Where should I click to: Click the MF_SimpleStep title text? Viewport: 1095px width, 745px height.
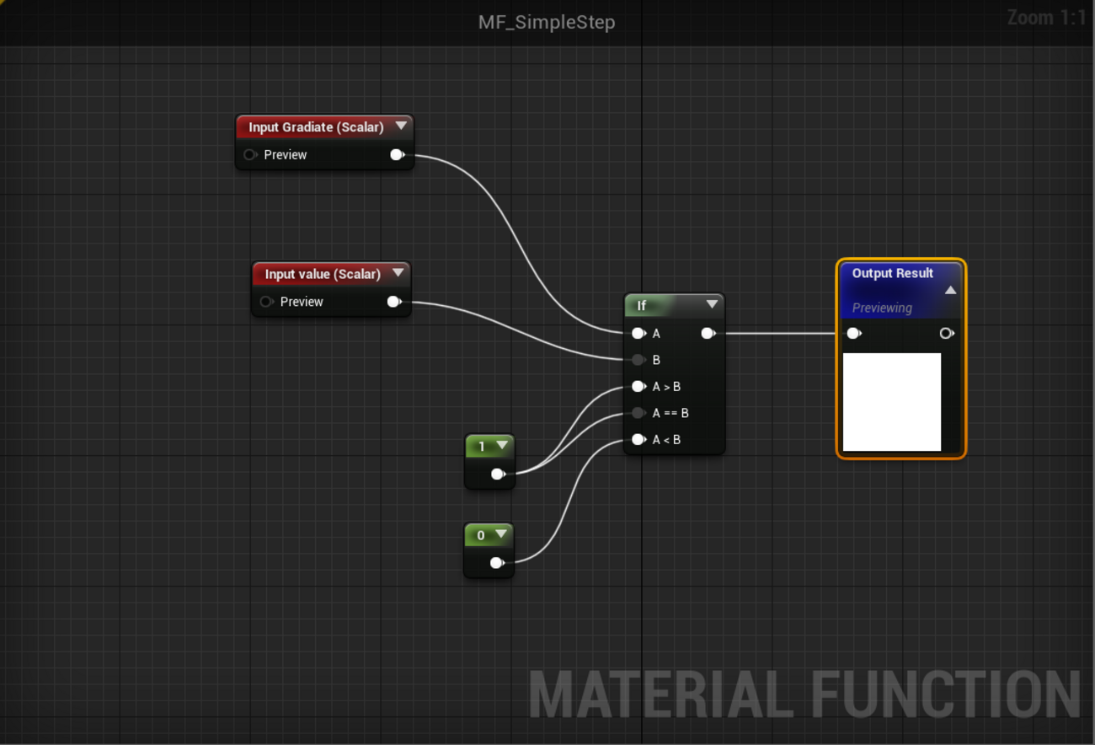click(x=547, y=22)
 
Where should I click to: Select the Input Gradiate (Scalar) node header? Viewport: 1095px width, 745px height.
click(x=316, y=127)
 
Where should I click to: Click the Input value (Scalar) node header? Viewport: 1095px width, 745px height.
click(x=323, y=274)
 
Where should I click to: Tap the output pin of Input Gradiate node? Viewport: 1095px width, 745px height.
click(x=396, y=155)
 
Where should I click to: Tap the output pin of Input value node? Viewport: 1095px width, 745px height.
click(x=393, y=302)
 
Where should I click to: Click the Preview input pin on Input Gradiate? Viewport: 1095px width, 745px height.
click(x=249, y=155)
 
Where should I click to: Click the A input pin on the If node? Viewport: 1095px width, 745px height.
click(x=638, y=334)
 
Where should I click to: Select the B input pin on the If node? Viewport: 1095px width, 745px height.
click(x=638, y=360)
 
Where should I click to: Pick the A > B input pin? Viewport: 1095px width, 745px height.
click(x=638, y=387)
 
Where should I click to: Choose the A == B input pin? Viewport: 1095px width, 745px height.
click(x=638, y=413)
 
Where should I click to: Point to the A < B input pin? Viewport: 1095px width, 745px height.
click(x=638, y=440)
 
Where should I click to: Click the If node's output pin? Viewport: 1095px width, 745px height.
click(x=708, y=334)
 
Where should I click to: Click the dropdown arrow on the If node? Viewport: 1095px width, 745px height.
click(x=712, y=304)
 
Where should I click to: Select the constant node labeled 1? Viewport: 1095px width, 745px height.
click(x=482, y=447)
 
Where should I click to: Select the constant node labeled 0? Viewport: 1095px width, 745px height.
click(x=481, y=535)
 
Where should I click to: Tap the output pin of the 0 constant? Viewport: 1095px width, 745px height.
click(x=496, y=562)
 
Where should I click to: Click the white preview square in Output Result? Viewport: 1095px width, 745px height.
click(x=892, y=402)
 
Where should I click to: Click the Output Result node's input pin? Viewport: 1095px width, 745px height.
click(x=853, y=334)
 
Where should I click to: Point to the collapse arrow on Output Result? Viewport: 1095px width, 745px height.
click(x=950, y=290)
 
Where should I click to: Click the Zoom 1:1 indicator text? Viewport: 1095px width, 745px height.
click(x=1047, y=18)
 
